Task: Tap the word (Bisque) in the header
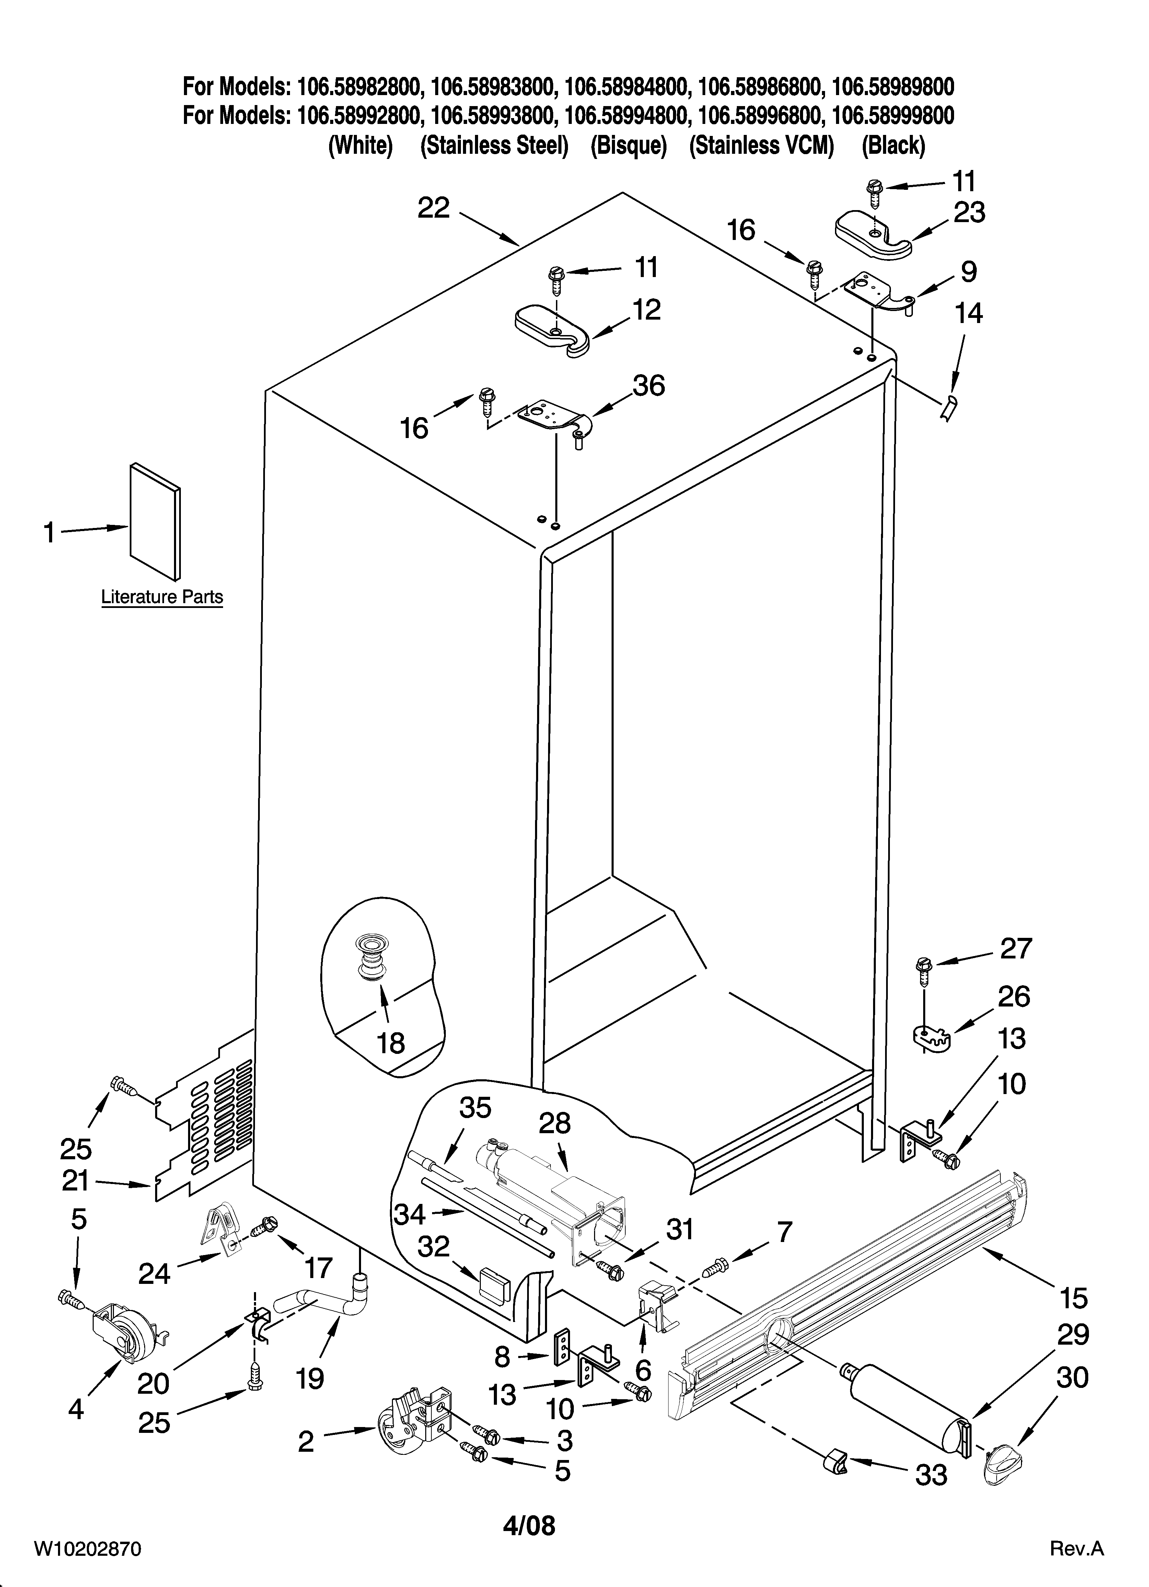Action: coord(628,146)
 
